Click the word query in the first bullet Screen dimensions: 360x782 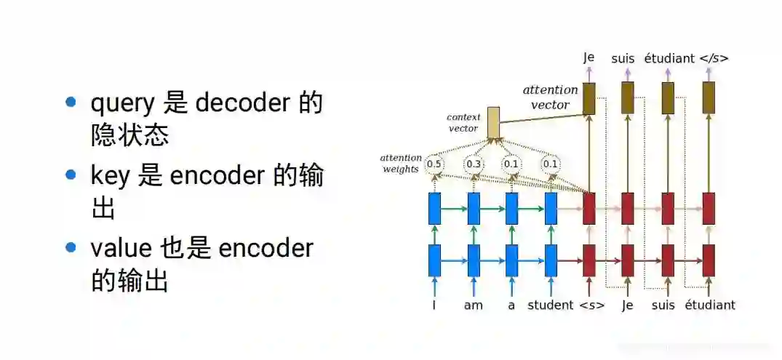click(122, 104)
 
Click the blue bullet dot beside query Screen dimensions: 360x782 click(71, 102)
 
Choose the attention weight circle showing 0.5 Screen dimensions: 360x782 click(434, 164)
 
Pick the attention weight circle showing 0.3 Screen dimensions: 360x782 click(474, 164)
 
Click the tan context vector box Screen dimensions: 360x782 click(493, 123)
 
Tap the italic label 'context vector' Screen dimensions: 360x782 click(463, 122)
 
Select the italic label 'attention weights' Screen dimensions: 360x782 click(401, 164)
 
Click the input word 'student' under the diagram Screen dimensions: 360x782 click(551, 305)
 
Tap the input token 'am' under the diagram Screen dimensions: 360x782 click(474, 305)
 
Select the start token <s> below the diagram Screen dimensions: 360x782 click(591, 305)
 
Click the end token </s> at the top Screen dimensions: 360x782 click(714, 58)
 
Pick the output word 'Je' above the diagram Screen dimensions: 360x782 click(589, 58)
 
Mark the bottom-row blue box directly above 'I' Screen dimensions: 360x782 click(435, 260)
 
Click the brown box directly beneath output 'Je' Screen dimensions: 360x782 click(589, 98)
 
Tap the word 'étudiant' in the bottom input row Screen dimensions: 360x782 click(709, 305)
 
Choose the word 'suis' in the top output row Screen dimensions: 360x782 click(623, 58)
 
